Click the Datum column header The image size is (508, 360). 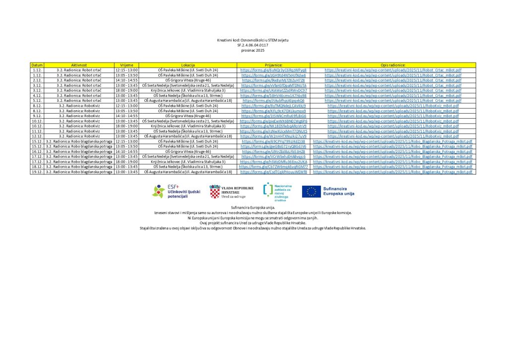pyautogui.click(x=37, y=65)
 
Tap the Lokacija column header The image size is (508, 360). pyautogui.click(x=188, y=65)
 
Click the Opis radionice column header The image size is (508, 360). pyautogui.click(x=393, y=65)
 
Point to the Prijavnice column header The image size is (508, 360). pyautogui.click(x=273, y=65)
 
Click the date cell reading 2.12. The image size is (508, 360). pyautogui.click(x=37, y=80)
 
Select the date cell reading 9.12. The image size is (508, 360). pyautogui.click(x=37, y=116)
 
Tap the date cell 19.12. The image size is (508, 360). pyautogui.click(x=37, y=172)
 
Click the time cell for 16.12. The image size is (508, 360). pyautogui.click(x=127, y=151)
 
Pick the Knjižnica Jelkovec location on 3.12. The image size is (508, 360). pyautogui.click(x=188, y=90)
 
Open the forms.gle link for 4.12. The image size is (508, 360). pyautogui.click(x=273, y=95)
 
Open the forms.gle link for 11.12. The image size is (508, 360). pyautogui.click(x=273, y=131)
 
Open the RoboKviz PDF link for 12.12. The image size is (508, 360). pyautogui.click(x=393, y=136)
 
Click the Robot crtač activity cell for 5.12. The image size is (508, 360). pyautogui.click(x=79, y=100)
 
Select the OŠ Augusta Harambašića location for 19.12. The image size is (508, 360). pyautogui.click(x=188, y=172)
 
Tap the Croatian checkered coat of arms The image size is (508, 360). pyautogui.click(x=214, y=192)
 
